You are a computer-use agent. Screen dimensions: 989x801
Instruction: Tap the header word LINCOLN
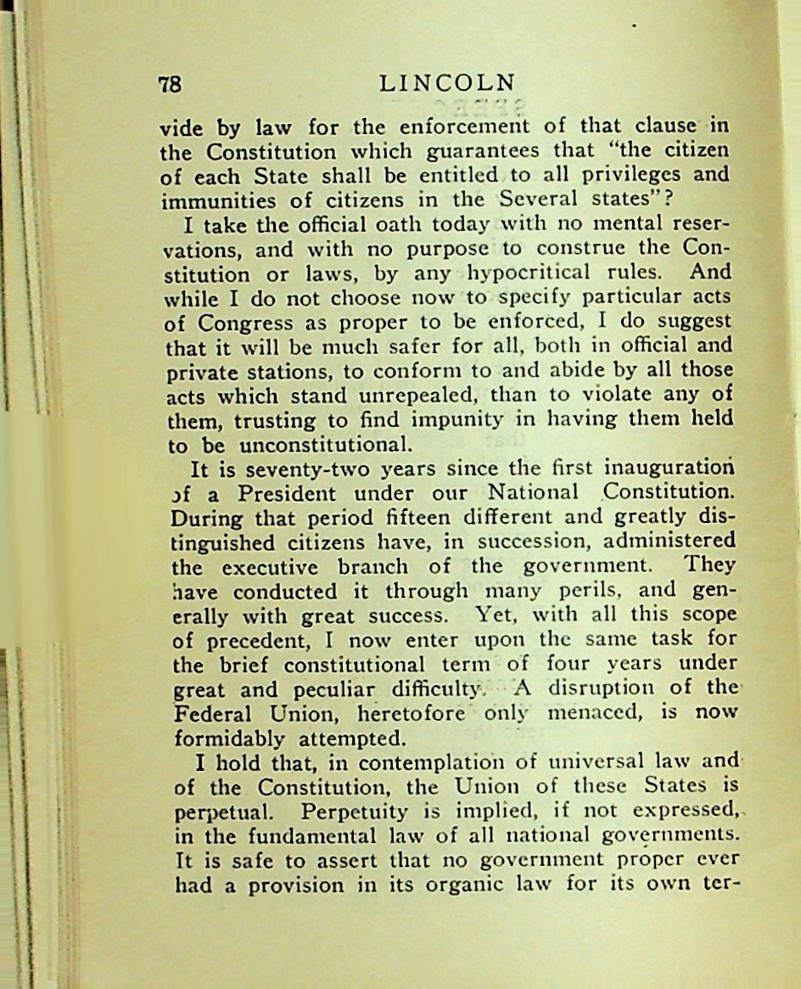point(447,83)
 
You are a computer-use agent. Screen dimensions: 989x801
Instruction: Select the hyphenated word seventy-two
point(300,469)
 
